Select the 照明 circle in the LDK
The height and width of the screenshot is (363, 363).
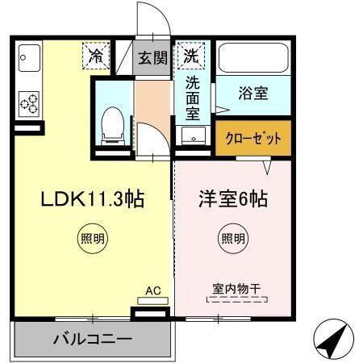(93, 238)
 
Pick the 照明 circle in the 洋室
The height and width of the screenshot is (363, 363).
(233, 238)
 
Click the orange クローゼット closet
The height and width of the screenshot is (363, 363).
(252, 139)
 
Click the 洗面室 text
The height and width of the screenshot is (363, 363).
(193, 96)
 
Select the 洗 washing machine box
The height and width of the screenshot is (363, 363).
(191, 56)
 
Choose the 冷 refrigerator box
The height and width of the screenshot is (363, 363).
(96, 56)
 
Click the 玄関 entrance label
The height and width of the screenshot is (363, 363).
(152, 57)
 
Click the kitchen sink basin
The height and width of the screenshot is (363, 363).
(30, 58)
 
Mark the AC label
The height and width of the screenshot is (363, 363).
(152, 290)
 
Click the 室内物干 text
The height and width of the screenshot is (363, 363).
(236, 287)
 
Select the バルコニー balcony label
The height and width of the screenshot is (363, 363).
(92, 338)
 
